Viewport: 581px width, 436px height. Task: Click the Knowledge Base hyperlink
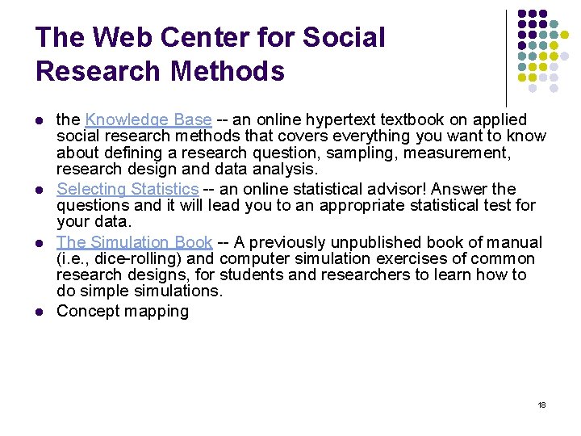pyautogui.click(x=148, y=120)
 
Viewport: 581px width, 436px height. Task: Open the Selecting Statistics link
pyautogui.click(x=127, y=189)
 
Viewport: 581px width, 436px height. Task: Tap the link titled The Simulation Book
pyautogui.click(x=134, y=242)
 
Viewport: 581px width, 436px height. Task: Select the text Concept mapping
pyautogui.click(x=122, y=311)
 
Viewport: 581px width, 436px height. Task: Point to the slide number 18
pyautogui.click(x=541, y=405)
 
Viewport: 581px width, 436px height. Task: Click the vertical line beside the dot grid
pyautogui.click(x=506, y=57)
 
